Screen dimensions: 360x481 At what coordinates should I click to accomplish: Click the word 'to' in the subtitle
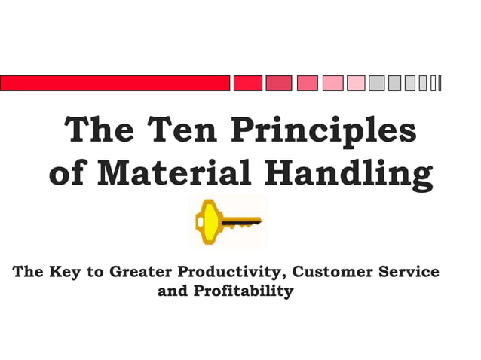pos(97,272)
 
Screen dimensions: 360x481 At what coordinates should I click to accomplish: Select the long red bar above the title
pos(115,83)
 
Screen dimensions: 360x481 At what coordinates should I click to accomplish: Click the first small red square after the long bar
pos(247,83)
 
